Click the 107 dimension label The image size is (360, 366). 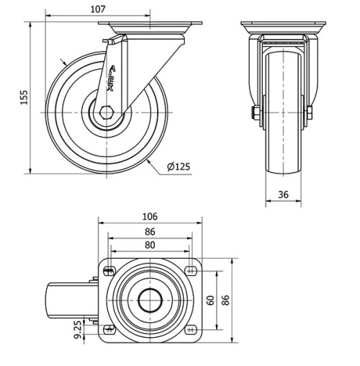[99, 9]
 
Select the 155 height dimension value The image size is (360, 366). [23, 98]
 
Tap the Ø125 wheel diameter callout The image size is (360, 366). [178, 167]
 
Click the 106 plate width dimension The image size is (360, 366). [150, 217]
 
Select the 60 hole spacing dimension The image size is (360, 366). [210, 300]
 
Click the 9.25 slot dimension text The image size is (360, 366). [78, 332]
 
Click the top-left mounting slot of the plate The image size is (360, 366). [109, 270]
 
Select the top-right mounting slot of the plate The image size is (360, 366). [190, 270]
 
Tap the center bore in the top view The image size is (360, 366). [149, 300]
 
